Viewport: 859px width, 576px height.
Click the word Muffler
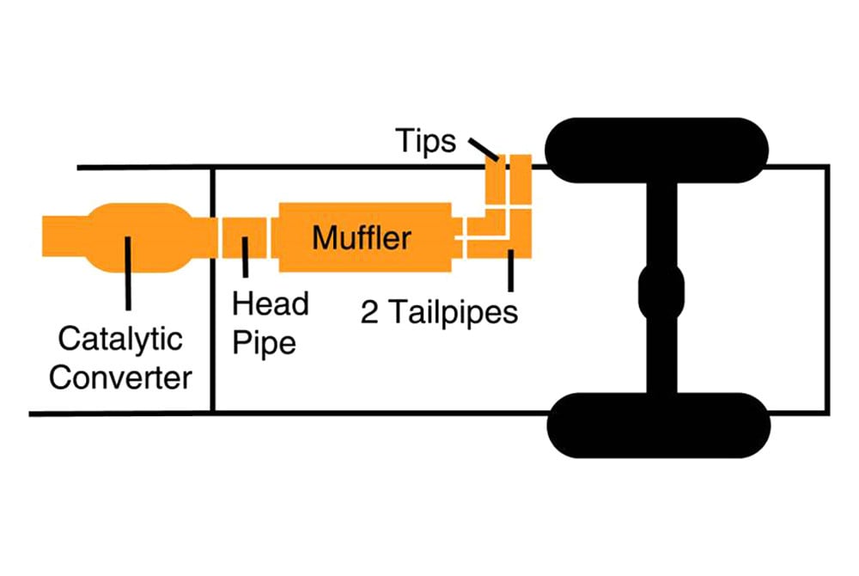[362, 238]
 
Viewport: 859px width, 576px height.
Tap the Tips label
[426, 140]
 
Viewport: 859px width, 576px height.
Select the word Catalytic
[120, 340]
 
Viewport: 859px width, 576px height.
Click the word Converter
[120, 377]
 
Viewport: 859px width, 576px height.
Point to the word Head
[270, 303]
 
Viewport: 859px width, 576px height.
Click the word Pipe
[264, 344]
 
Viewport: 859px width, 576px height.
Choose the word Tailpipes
[454, 312]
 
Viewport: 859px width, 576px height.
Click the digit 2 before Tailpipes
[369, 313]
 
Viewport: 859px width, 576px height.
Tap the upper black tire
[657, 150]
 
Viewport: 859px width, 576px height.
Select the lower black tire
[659, 426]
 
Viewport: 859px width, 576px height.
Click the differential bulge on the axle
[661, 291]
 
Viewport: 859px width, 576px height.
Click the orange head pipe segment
[244, 237]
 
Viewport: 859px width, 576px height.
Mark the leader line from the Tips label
[484, 148]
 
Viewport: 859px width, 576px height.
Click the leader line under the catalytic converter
[128, 273]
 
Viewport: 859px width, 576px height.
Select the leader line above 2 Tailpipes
[510, 271]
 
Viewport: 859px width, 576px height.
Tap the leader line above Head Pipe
[246, 257]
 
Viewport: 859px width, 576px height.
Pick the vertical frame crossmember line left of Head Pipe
[212, 290]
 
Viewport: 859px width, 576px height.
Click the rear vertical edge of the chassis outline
[828, 290]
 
